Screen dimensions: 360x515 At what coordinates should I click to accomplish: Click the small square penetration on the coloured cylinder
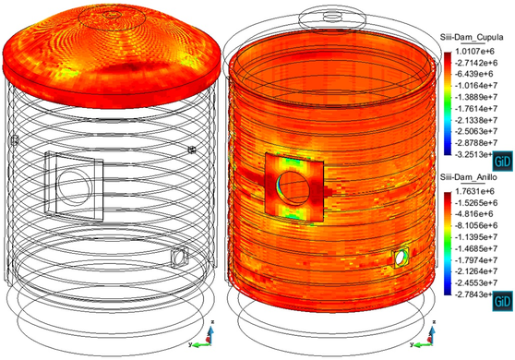click(401, 258)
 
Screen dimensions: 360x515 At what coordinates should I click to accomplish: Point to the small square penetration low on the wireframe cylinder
click(181, 255)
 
